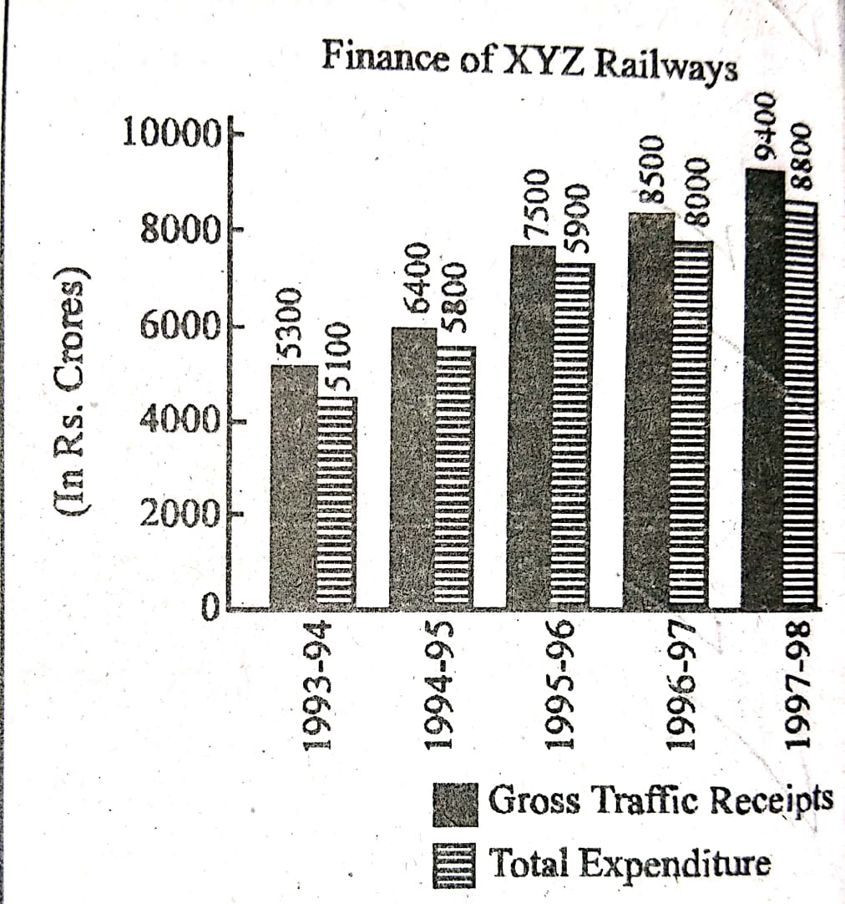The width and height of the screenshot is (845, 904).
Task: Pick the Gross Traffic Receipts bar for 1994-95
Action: point(413,468)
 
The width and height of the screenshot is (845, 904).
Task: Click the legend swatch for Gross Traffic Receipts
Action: point(455,803)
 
